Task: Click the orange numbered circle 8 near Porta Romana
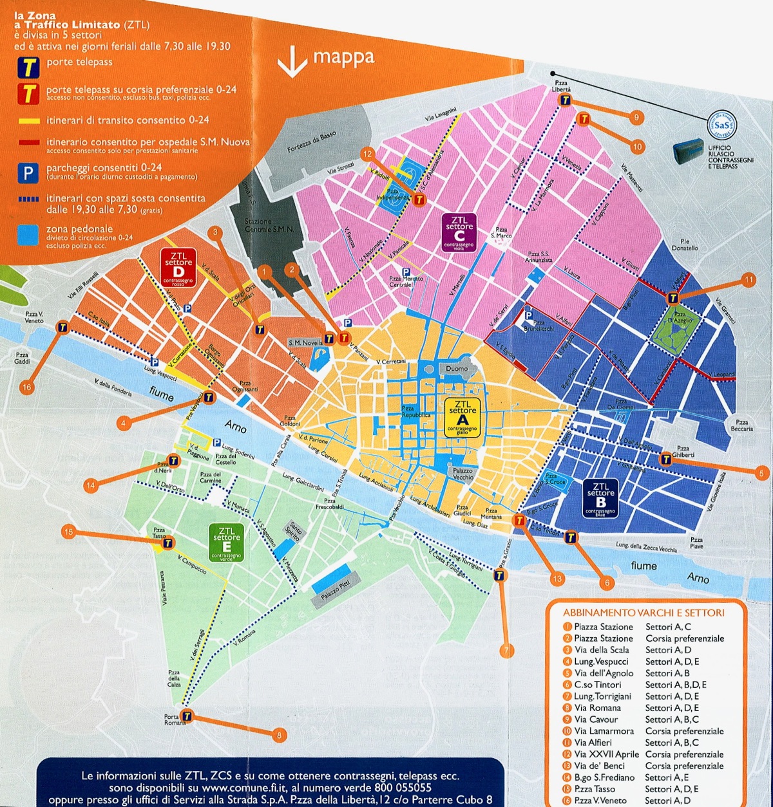point(278,735)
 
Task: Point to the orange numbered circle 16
point(26,387)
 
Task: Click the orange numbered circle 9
point(636,117)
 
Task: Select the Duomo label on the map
point(457,369)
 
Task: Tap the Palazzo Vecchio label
point(463,474)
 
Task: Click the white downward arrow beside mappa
point(292,62)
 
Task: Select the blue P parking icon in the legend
point(28,173)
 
